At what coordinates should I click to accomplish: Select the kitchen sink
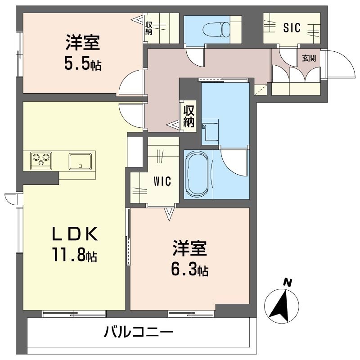(81, 161)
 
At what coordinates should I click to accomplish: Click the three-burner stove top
(41, 160)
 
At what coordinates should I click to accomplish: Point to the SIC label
(292, 28)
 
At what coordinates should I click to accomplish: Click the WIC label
(162, 181)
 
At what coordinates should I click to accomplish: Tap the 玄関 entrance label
(309, 58)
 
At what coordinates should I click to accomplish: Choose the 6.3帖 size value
(189, 269)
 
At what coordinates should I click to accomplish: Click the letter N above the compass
(287, 282)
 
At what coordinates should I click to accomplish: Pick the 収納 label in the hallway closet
(189, 116)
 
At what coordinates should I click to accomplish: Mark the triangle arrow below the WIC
(169, 213)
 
